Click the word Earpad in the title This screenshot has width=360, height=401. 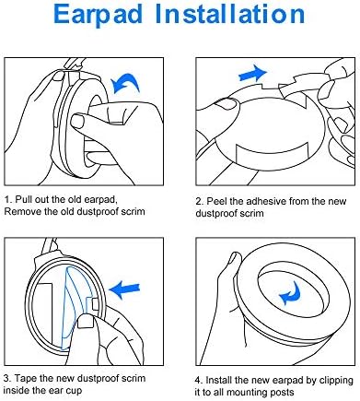[99, 15]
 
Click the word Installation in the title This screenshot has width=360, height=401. [230, 14]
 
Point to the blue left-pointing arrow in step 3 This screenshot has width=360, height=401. [124, 289]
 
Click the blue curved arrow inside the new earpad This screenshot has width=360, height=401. [290, 294]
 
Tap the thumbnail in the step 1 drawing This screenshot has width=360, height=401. [77, 121]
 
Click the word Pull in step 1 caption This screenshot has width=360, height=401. [24, 199]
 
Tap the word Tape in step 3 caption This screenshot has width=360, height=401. [26, 378]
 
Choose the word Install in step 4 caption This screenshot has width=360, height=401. [219, 380]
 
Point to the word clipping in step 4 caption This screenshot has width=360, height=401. [336, 381]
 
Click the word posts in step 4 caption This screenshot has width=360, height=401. [283, 393]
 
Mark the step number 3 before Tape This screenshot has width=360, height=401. [6, 378]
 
